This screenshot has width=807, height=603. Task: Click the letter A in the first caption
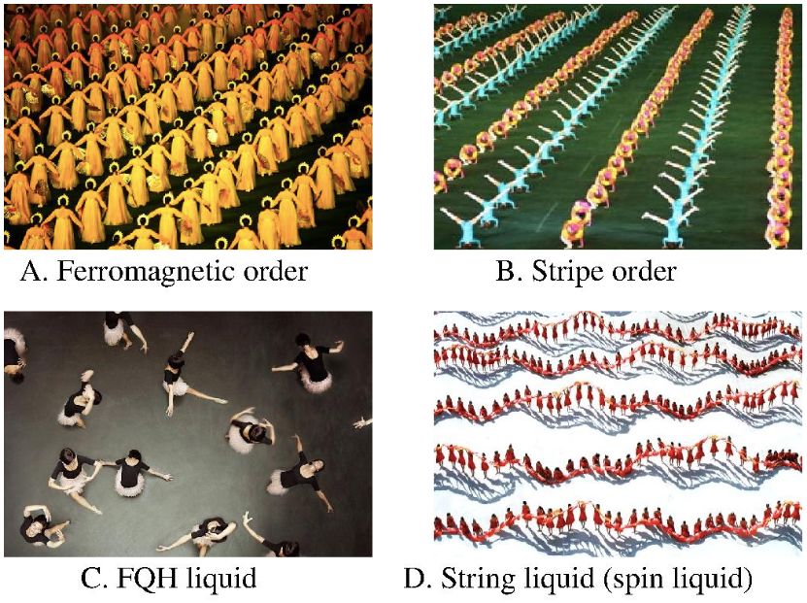(x=30, y=271)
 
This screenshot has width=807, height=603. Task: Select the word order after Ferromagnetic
(x=273, y=271)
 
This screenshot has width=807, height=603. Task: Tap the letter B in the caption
(x=506, y=271)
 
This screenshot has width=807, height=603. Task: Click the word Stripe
(x=566, y=272)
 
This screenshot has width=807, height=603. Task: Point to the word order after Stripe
(x=642, y=271)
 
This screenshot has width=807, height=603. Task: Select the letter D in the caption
(x=415, y=580)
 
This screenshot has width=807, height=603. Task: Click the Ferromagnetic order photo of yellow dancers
(x=187, y=126)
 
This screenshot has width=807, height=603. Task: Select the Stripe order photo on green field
(x=618, y=126)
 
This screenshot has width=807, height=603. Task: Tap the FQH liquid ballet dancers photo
(x=187, y=434)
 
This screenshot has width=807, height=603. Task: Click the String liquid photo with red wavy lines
(x=618, y=434)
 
